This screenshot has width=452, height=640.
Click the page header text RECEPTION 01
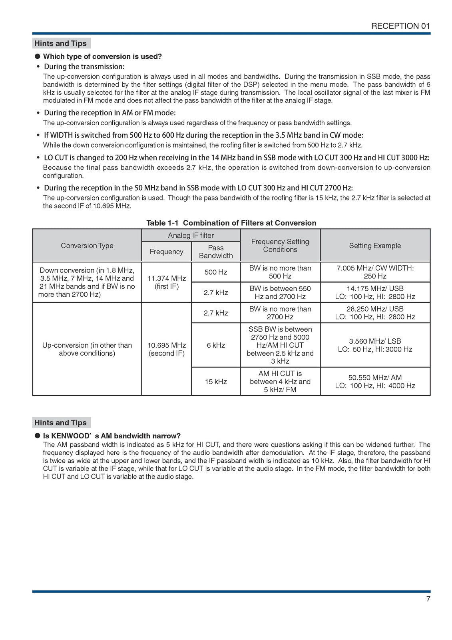click(x=400, y=26)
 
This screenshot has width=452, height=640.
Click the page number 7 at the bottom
click(x=428, y=599)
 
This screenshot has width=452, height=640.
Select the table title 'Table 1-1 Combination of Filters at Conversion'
click(x=231, y=223)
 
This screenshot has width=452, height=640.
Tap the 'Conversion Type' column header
click(x=87, y=246)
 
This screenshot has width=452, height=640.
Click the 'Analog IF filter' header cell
click(x=191, y=236)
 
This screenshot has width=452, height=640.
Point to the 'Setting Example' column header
click(x=375, y=246)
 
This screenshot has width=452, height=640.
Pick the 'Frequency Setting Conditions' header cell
click(x=280, y=246)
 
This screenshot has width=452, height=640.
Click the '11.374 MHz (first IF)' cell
click(x=167, y=282)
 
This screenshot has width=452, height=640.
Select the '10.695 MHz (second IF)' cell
click(x=167, y=349)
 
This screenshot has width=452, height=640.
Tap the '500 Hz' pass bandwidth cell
click(x=216, y=272)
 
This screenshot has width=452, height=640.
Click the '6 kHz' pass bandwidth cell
click(x=216, y=345)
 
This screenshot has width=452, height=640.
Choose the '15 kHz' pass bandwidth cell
click(x=216, y=382)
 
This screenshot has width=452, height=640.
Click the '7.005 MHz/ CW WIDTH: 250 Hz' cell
click(x=375, y=272)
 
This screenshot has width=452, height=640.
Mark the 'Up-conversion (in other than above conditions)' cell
click(x=87, y=349)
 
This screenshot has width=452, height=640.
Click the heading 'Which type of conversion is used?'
click(x=102, y=56)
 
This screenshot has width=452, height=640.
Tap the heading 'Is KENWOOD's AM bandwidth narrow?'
click(x=112, y=436)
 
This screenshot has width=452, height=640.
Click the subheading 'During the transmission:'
click(x=84, y=66)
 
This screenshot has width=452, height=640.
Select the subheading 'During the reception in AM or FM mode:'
click(x=110, y=113)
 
